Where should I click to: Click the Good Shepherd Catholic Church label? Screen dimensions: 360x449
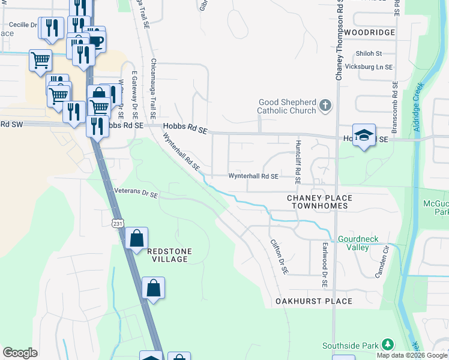[286, 106]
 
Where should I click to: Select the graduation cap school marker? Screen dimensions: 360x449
[364, 135]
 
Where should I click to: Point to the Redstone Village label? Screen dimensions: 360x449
[167, 255]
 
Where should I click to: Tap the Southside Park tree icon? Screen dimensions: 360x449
[388, 344]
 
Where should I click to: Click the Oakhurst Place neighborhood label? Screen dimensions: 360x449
[313, 301]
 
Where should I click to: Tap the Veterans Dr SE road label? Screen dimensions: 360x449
[136, 194]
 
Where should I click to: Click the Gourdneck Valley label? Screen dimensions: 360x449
[358, 243]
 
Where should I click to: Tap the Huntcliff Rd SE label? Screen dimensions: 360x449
[298, 161]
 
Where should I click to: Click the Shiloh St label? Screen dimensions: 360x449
[369, 53]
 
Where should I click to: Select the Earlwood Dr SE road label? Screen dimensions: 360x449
[325, 264]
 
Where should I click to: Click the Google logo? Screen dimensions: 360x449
[20, 353]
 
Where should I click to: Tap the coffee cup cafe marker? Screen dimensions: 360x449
[95, 40]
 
